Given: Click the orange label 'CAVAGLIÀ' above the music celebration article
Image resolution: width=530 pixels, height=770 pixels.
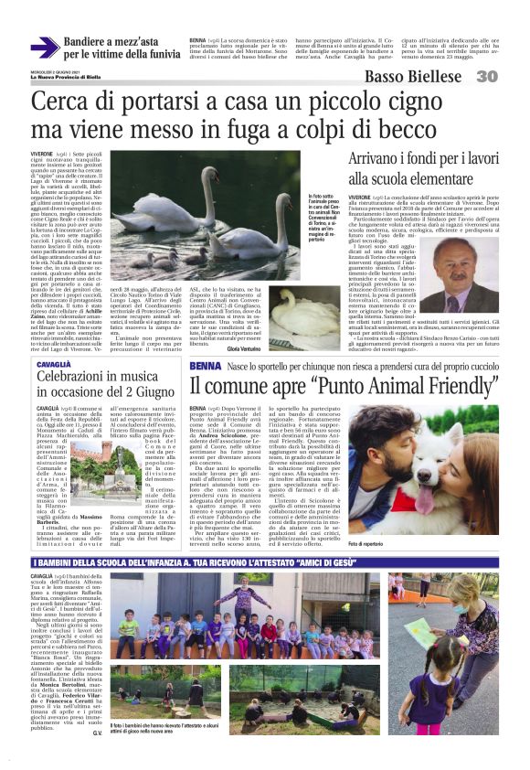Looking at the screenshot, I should coord(54,338).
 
